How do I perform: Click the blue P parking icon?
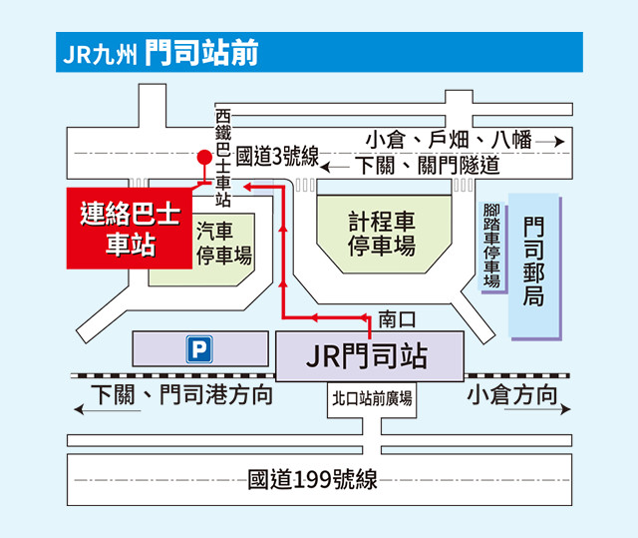[x=199, y=349]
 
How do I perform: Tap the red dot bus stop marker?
[x=204, y=157]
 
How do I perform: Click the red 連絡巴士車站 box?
[x=130, y=228]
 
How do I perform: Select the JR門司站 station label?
[x=367, y=356]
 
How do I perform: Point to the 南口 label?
[x=397, y=318]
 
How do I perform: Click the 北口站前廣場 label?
[x=372, y=398]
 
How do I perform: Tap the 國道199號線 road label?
[x=312, y=479]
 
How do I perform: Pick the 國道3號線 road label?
[x=277, y=156]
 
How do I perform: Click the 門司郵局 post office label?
[x=533, y=262]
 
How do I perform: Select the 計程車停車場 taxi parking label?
[x=382, y=234]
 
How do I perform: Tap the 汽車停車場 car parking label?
[x=224, y=244]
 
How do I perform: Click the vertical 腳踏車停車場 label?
[x=491, y=246]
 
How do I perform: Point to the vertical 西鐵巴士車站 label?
[x=223, y=158]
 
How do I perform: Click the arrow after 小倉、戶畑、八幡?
[x=550, y=142]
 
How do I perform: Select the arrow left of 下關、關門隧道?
[x=335, y=167]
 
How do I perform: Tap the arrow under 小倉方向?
[x=537, y=409]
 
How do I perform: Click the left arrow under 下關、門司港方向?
[x=108, y=409]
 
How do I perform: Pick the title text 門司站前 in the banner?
[x=201, y=53]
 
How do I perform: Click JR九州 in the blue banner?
[x=100, y=54]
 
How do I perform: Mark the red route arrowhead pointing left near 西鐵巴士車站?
[x=248, y=187]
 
